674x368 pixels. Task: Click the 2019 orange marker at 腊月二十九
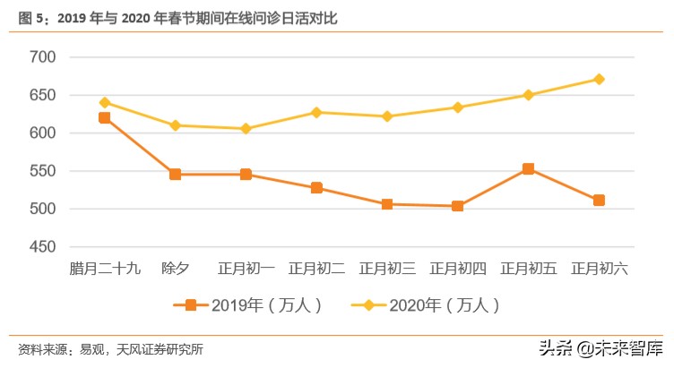coord(105,117)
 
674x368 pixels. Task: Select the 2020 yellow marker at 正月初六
coord(599,79)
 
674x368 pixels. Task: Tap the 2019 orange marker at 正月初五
coord(528,168)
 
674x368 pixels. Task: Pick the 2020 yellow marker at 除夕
coord(176,125)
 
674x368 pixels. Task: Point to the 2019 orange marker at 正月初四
coord(458,206)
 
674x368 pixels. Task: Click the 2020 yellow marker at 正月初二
coord(316,112)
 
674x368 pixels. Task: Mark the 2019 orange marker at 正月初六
coord(599,200)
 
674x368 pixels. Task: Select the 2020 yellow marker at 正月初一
coord(246,129)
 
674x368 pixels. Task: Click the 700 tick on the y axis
coord(43,57)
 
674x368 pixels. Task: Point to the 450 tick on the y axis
coord(43,247)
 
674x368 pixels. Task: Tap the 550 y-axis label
coord(43,171)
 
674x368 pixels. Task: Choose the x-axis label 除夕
coord(176,268)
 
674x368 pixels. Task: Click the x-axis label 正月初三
coord(387,268)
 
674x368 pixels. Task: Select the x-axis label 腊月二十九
coord(105,268)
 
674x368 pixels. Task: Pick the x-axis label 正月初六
coord(599,268)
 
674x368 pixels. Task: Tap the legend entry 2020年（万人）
coord(430,304)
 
